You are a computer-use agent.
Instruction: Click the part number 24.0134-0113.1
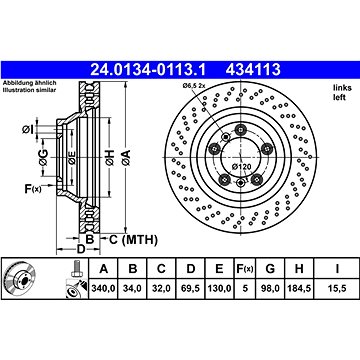148,70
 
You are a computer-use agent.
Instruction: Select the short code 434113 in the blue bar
253,70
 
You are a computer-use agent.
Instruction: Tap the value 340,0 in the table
104,287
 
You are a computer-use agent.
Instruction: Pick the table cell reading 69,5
190,287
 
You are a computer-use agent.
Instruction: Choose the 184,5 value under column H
299,287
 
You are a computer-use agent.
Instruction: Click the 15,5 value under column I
337,287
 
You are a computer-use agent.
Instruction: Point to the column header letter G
270,268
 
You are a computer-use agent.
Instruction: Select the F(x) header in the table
245,268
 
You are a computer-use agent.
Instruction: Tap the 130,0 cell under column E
219,287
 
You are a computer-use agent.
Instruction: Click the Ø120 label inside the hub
241,166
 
